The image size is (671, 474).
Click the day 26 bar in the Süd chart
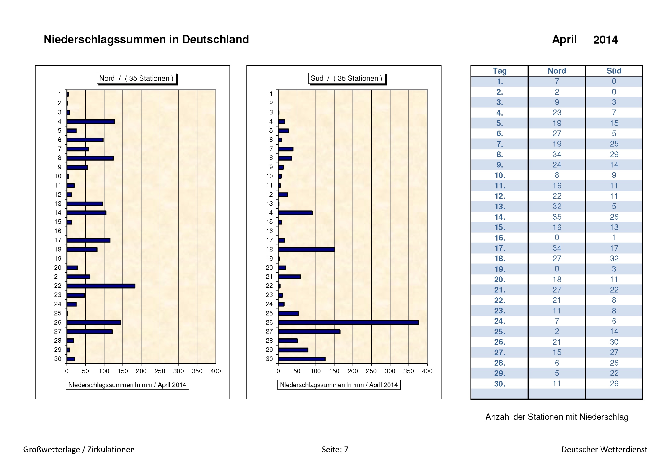pyautogui.click(x=348, y=322)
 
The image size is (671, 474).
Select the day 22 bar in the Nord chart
pyautogui.click(x=101, y=286)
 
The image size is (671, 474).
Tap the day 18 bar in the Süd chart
pyautogui.click(x=306, y=249)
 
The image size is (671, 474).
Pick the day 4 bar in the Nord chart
pyautogui.click(x=91, y=122)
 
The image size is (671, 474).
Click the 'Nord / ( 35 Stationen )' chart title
pyautogui.click(x=136, y=78)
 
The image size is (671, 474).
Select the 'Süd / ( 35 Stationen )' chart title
pyautogui.click(x=346, y=78)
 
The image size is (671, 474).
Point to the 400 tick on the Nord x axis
pyautogui.click(x=216, y=371)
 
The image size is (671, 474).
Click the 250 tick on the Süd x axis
pyautogui.click(x=371, y=371)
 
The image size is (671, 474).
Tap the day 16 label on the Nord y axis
pyautogui.click(x=58, y=231)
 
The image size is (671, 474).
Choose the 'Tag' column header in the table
pyautogui.click(x=499, y=71)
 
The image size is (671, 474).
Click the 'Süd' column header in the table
pyautogui.click(x=614, y=71)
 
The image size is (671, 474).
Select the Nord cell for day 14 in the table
pyautogui.click(x=557, y=217)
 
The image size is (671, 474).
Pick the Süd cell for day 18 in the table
pyautogui.click(x=614, y=258)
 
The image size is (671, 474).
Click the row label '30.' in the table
pyautogui.click(x=499, y=384)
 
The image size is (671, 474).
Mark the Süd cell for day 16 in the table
pyautogui.click(x=614, y=238)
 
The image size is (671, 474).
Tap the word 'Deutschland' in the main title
pyautogui.click(x=215, y=39)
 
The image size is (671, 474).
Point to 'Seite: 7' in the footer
pyautogui.click(x=335, y=449)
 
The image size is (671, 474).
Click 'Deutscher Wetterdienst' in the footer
pyautogui.click(x=604, y=449)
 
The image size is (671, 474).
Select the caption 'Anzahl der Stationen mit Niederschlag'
pyautogui.click(x=557, y=417)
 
